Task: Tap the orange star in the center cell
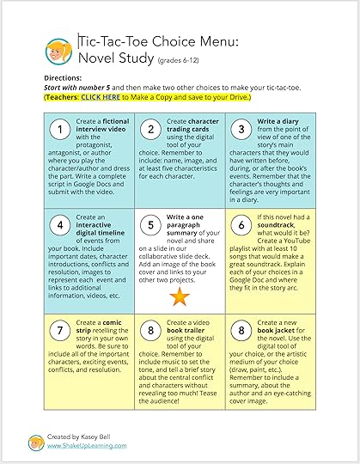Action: coord(180,296)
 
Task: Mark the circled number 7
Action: coord(59,331)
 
